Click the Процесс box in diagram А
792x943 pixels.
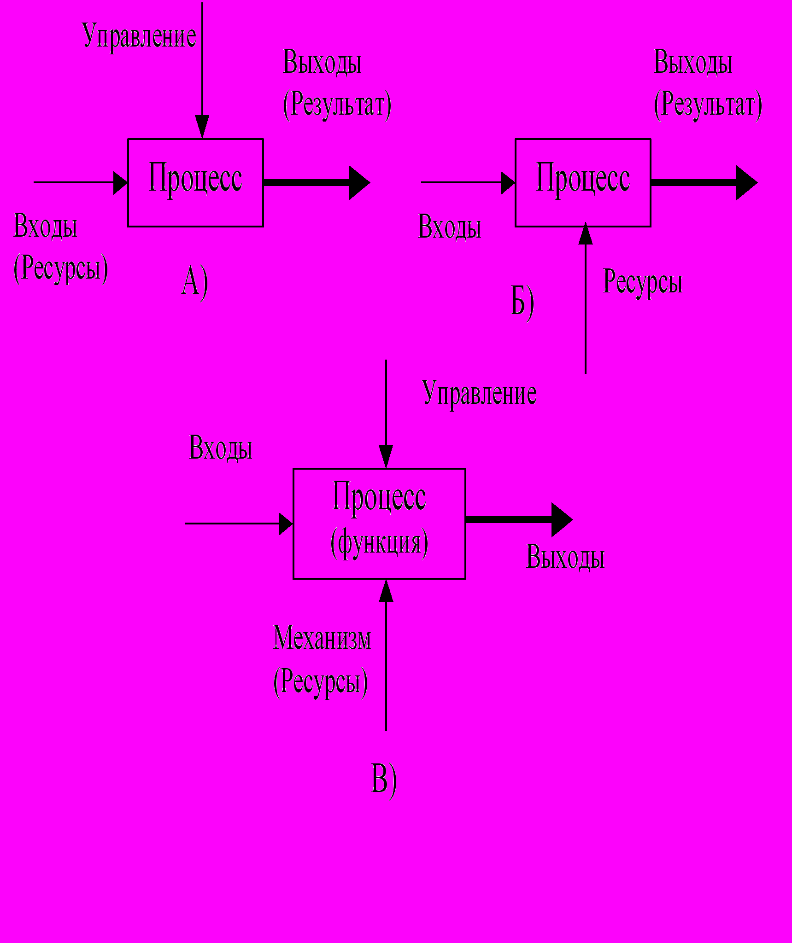[x=195, y=182]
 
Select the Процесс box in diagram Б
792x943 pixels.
[x=583, y=182]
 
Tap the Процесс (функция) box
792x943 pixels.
[x=379, y=524]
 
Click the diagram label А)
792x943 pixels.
[x=194, y=282]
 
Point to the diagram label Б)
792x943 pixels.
[x=522, y=302]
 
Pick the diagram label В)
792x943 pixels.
[x=384, y=779]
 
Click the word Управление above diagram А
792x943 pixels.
[x=140, y=36]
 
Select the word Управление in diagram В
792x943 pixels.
[x=479, y=394]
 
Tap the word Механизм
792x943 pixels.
[x=322, y=638]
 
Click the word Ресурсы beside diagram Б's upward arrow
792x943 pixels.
[x=643, y=282]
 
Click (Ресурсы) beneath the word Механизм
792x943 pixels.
[x=321, y=681]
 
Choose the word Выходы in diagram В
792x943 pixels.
[x=565, y=557]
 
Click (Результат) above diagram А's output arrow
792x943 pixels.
[x=337, y=105]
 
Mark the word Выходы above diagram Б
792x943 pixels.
[x=693, y=62]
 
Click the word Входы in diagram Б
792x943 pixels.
[x=449, y=227]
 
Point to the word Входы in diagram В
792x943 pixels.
[x=221, y=448]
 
